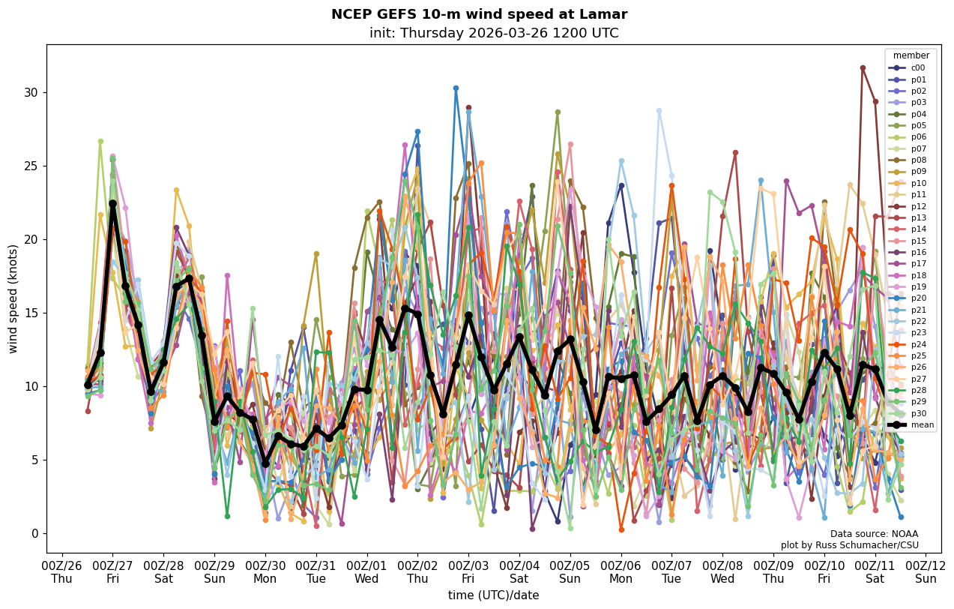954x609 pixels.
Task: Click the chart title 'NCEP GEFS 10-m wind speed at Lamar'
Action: point(479,14)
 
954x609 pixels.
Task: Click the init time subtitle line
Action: point(494,34)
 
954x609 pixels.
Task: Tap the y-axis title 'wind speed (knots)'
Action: point(13,298)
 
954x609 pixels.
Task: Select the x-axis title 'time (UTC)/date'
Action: point(493,595)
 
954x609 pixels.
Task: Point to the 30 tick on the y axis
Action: point(33,93)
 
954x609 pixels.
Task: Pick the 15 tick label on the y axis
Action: point(33,313)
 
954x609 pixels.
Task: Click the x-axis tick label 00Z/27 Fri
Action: point(112,571)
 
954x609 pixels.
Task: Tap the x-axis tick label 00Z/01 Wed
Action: point(366,571)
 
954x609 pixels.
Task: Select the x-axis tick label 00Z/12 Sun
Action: point(926,571)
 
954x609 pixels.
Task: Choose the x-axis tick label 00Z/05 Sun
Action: point(570,571)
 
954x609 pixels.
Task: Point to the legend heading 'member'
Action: point(911,55)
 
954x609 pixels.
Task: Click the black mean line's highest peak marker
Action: point(112,203)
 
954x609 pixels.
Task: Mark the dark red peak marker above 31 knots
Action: point(863,68)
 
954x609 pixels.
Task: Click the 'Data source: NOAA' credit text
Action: point(874,534)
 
